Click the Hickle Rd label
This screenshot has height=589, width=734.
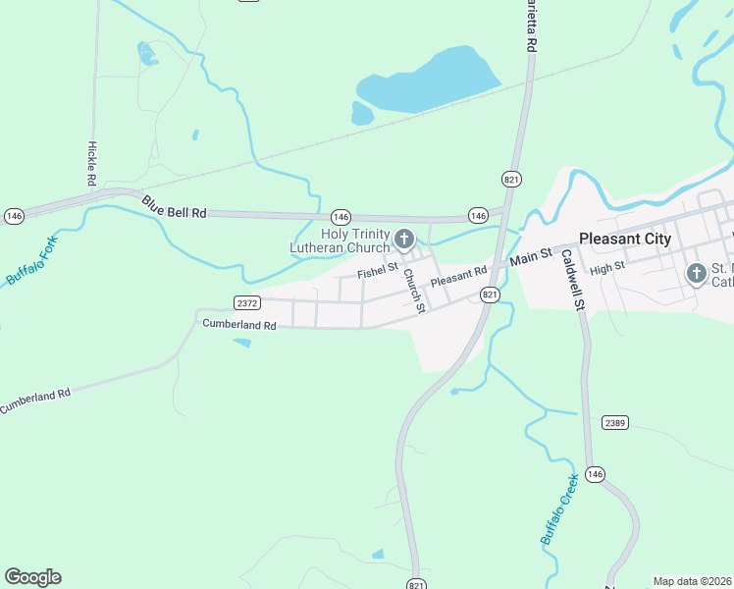point(90,164)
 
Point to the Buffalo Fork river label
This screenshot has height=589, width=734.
point(30,261)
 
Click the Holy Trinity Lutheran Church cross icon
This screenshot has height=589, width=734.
point(403,239)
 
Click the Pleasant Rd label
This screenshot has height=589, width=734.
point(459,277)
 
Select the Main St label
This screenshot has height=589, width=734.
point(532,258)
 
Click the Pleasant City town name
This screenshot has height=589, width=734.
point(625,239)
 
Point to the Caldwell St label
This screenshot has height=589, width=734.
point(572,280)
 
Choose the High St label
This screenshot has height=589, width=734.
point(607,267)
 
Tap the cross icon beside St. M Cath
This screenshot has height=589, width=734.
point(696,273)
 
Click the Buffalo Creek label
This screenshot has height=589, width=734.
point(559,511)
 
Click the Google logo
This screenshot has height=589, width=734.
point(32,577)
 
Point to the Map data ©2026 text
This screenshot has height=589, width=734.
point(692,580)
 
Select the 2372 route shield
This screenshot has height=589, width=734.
point(247,302)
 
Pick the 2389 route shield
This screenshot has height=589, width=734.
point(615,422)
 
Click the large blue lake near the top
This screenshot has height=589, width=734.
point(427,82)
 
